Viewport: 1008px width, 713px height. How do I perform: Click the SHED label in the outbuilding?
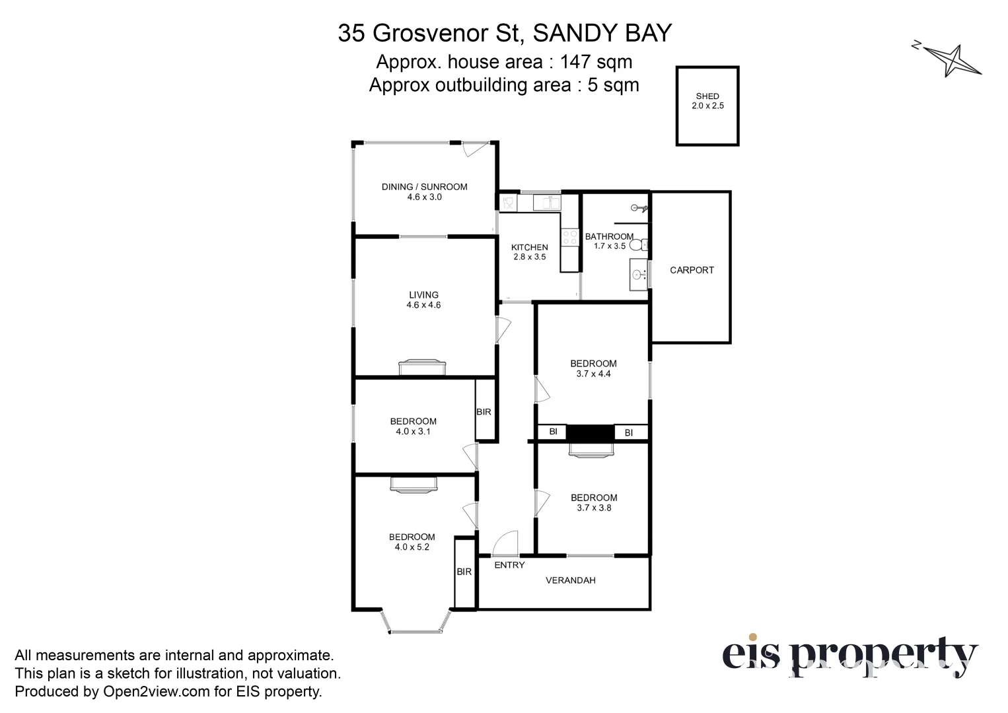click(707, 96)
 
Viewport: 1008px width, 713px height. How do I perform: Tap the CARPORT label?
click(692, 270)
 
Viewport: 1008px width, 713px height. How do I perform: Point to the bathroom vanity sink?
click(638, 275)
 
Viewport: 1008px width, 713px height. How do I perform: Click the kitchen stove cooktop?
click(569, 237)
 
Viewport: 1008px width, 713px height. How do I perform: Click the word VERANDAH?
click(570, 580)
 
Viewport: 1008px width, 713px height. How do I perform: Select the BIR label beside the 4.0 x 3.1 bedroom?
click(484, 412)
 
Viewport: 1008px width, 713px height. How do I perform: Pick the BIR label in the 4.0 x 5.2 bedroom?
click(464, 572)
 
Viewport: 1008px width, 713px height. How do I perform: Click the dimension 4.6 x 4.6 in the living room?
click(423, 305)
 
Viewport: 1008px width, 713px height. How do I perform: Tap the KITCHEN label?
click(530, 248)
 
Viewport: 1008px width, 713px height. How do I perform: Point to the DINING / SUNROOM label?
click(424, 187)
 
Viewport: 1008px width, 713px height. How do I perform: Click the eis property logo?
click(849, 656)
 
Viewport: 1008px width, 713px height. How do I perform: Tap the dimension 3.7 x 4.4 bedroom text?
click(593, 374)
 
